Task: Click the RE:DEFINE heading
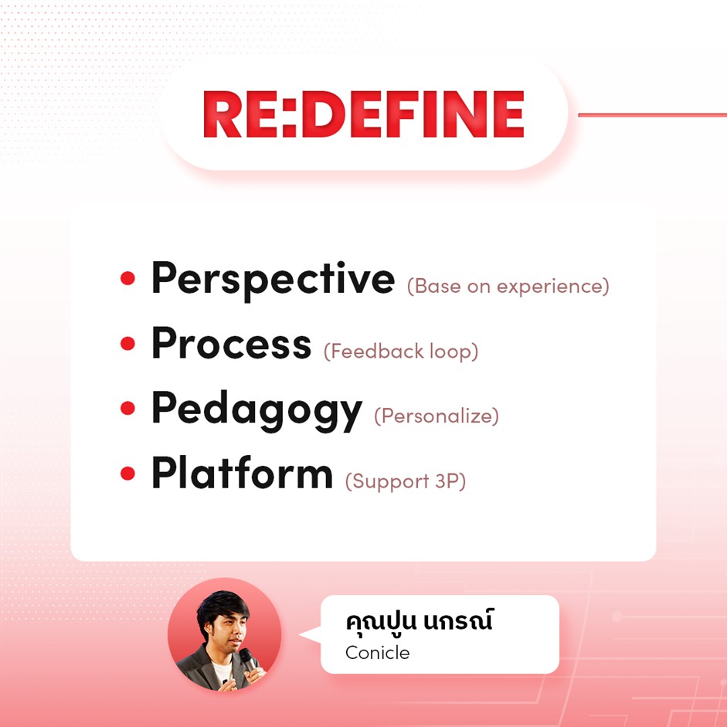tap(363, 114)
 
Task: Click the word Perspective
tap(273, 280)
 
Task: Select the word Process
tap(231, 343)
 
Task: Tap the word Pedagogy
tap(256, 411)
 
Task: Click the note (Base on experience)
tap(508, 287)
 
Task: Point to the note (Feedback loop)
tap(401, 352)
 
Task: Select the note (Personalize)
tap(437, 416)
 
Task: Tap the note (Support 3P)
tap(406, 481)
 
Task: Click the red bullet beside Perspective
tap(127, 278)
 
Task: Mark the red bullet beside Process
tap(127, 344)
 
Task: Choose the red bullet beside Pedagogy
tap(127, 408)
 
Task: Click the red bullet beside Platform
tap(127, 474)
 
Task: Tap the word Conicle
tap(378, 653)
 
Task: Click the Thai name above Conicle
tap(420, 620)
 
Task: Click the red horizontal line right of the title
tap(652, 114)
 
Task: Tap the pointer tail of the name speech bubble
tap(311, 634)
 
